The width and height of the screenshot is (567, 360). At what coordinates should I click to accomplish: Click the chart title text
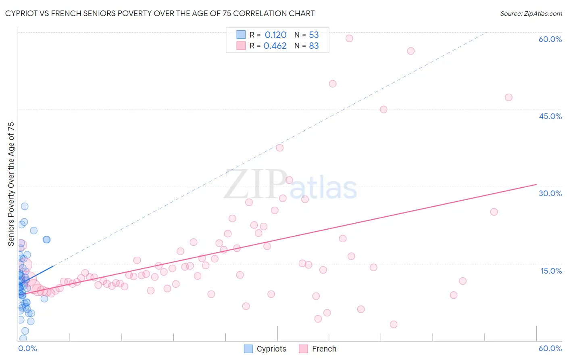pos(160,13)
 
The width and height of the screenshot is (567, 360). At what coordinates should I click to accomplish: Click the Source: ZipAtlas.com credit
pos(531,13)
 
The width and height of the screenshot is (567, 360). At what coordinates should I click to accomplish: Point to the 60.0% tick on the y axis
pos(550,39)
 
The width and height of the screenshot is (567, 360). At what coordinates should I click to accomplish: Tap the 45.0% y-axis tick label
pos(550,116)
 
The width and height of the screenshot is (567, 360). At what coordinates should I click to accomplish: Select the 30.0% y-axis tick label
pos(550,193)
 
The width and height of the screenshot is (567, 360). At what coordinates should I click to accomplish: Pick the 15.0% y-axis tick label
pos(551,271)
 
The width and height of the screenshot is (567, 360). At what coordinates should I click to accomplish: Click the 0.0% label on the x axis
pos(27,348)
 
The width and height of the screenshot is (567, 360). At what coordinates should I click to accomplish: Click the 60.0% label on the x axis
pos(550,348)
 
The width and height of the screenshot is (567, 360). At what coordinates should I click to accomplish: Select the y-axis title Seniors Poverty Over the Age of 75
pos(11,184)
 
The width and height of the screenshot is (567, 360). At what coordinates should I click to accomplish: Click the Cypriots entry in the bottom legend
pos(271,349)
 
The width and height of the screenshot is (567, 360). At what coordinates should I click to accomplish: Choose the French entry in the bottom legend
pos(324,349)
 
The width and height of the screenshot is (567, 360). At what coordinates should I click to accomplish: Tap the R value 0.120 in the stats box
pos(275,35)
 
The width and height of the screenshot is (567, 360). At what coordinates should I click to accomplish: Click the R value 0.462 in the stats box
pos(275,46)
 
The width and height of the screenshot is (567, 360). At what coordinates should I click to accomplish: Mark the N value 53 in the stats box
pos(314,35)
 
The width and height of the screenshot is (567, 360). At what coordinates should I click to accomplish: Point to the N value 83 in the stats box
pos(314,46)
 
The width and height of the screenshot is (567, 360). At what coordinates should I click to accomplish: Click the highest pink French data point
pos(349,38)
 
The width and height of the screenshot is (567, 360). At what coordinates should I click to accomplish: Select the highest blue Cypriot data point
pos(25,206)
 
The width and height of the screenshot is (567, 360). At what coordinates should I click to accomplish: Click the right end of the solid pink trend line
pos(536,184)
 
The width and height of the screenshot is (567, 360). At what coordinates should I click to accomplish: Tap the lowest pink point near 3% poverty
pos(394,324)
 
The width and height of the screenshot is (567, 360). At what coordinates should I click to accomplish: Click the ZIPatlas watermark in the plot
pos(290,185)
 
